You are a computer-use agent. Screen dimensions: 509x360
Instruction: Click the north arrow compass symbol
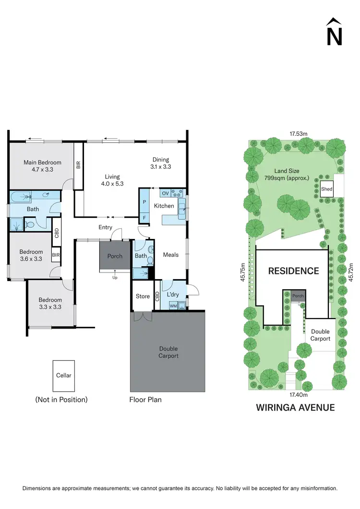(334, 33)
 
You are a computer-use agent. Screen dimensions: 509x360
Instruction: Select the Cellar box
(64, 376)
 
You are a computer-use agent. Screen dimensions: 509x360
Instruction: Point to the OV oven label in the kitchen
(165, 193)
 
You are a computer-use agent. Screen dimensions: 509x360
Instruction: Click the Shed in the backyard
(326, 189)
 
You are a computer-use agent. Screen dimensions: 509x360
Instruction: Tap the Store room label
(143, 296)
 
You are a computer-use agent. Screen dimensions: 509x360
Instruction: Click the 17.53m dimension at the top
(299, 134)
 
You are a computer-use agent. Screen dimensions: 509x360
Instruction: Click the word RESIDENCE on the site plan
(293, 271)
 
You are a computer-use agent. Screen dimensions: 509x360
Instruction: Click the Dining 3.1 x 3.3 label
(161, 163)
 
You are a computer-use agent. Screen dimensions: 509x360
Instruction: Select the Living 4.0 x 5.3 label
(112, 180)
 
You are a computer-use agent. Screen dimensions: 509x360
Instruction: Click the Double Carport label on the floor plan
(168, 352)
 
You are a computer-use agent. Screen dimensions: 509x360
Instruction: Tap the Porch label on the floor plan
(115, 256)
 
